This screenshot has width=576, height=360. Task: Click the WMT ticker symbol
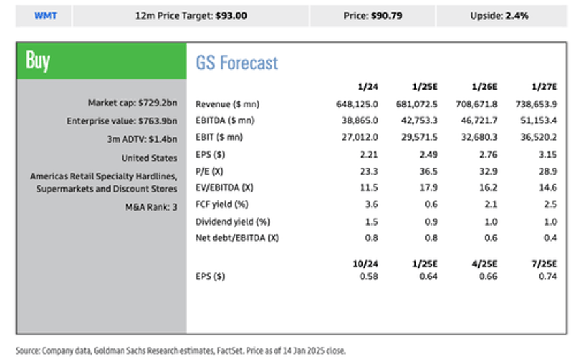click(45, 15)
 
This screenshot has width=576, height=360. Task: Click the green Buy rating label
click(37, 60)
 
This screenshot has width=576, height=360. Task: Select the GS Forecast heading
click(237, 63)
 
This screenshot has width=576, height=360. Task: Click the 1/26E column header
click(484, 87)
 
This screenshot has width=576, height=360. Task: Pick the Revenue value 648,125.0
click(358, 104)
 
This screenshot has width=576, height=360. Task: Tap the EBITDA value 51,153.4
click(536, 121)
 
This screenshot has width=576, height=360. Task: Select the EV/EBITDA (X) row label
click(228, 187)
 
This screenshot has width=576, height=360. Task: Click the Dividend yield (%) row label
click(232, 221)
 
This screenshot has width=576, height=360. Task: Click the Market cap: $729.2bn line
click(132, 103)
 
